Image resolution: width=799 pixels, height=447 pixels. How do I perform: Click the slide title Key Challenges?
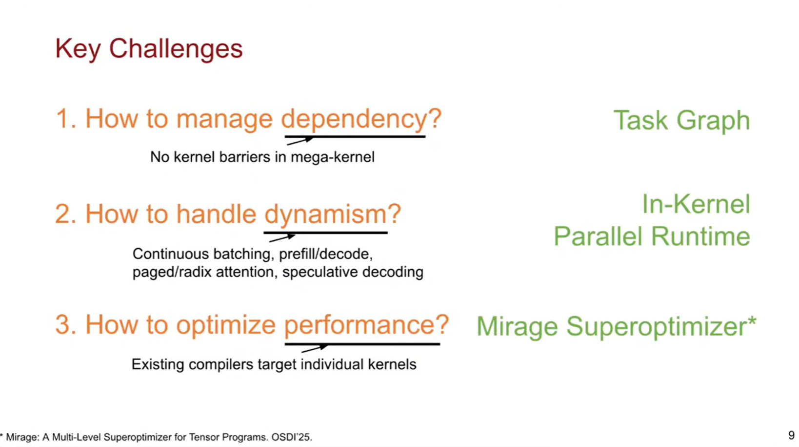[x=149, y=49]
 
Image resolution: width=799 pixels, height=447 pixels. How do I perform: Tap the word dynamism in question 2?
[x=325, y=215]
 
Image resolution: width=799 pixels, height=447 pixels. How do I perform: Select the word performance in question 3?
[x=361, y=325]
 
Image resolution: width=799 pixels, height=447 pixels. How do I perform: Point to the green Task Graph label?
[x=681, y=120]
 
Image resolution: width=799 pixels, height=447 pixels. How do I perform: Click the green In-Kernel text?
[x=696, y=204]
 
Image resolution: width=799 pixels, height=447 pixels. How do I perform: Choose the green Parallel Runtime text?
[x=652, y=236]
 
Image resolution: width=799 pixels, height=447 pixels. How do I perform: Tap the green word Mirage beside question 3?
[x=517, y=327]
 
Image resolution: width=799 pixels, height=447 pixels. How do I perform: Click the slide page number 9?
[x=791, y=435]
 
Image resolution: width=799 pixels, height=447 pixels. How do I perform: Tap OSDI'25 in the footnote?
[x=291, y=437]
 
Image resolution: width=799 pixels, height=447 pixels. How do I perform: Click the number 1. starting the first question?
[x=66, y=119]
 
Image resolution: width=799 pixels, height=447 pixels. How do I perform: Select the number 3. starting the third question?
[x=65, y=325]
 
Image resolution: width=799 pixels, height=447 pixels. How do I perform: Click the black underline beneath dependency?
[x=355, y=136]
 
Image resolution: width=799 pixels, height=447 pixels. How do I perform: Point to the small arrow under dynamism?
[x=282, y=238]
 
